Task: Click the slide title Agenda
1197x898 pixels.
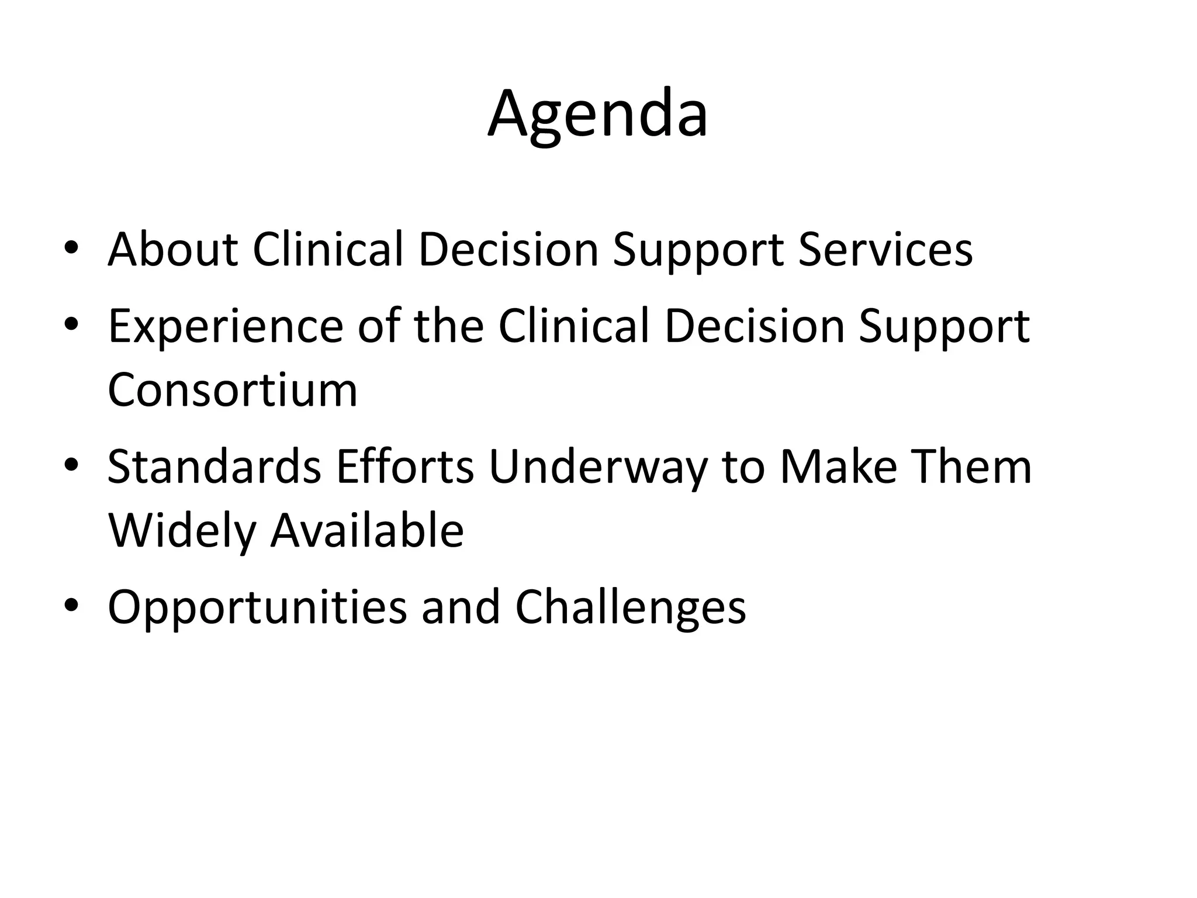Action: coord(598,115)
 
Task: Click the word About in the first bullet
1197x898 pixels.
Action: coord(172,250)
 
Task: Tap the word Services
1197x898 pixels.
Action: coord(885,250)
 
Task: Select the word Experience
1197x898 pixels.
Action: coord(226,327)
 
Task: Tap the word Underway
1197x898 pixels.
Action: coord(597,468)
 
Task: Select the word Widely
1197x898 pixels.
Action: coord(182,531)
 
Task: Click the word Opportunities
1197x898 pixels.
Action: coord(257,608)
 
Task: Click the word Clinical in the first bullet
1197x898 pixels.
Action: coord(328,250)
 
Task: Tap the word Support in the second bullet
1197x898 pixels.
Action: coord(943,327)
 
